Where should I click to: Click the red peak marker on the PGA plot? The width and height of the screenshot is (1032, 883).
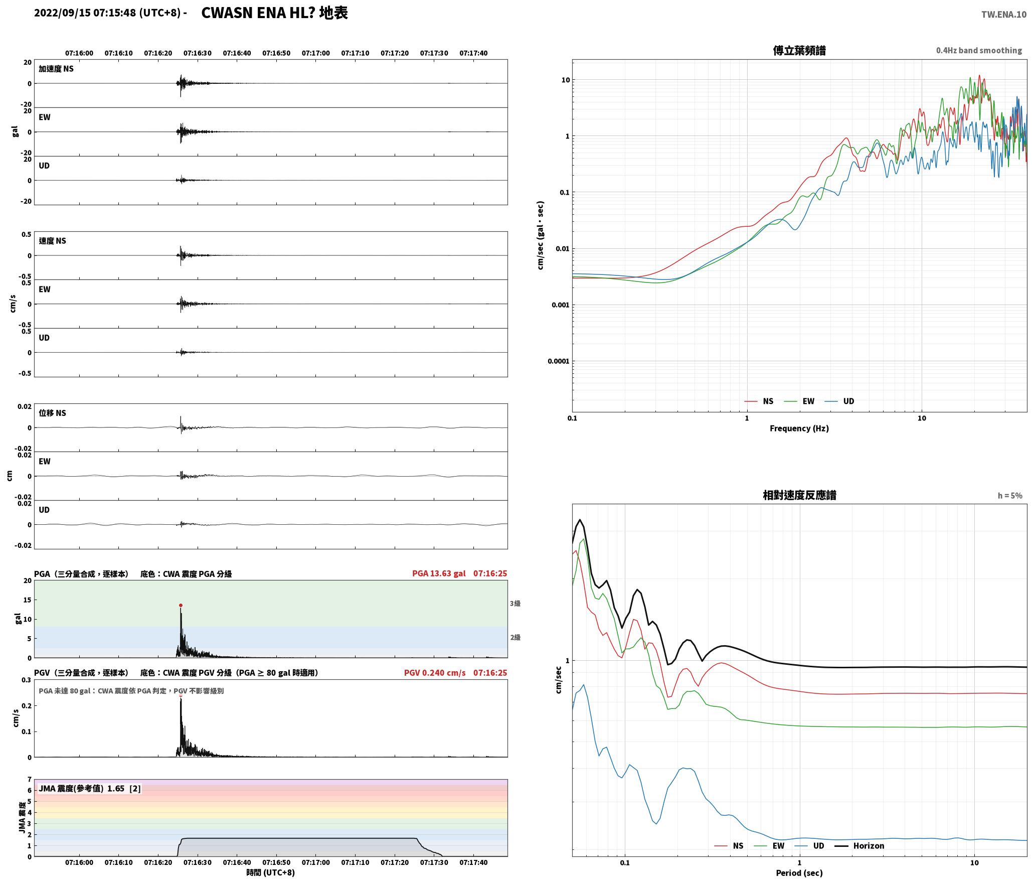click(x=181, y=606)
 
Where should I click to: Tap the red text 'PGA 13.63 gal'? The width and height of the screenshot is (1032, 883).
click(x=439, y=573)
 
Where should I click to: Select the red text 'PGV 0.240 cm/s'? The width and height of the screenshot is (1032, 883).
click(x=435, y=673)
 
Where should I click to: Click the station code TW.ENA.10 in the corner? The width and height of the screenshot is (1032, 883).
click(x=1004, y=15)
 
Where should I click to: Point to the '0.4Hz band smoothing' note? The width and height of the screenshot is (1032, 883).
click(x=979, y=51)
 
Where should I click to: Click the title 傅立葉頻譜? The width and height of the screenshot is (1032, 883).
click(x=799, y=51)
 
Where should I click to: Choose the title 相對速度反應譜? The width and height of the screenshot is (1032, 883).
click(x=799, y=495)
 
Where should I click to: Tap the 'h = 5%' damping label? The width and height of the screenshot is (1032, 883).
click(x=1010, y=496)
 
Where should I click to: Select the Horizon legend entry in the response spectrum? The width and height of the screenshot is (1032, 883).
click(x=859, y=846)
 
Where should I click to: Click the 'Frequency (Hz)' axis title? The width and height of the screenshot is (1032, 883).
click(x=799, y=428)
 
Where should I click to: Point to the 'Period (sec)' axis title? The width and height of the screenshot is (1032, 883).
click(x=799, y=873)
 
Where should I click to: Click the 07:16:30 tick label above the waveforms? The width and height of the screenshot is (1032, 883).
click(x=198, y=53)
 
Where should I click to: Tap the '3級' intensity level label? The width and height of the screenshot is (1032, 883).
click(x=515, y=604)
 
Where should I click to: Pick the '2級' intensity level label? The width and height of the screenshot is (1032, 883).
click(x=515, y=638)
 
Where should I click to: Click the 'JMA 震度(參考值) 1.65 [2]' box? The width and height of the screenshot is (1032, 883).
click(x=90, y=789)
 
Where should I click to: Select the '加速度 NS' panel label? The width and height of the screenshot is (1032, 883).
click(x=56, y=69)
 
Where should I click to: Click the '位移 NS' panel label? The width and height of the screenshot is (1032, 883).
click(x=53, y=413)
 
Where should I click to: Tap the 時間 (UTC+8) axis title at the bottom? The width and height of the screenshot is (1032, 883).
click(x=271, y=872)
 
